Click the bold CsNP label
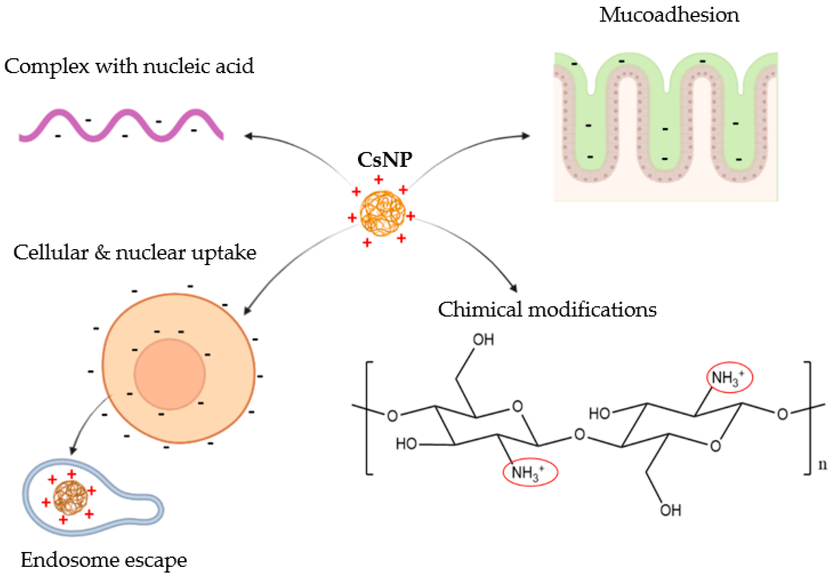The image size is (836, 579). (384, 160)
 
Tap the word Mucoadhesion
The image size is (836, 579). (669, 15)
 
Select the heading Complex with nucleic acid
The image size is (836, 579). (129, 66)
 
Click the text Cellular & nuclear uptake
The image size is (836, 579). (135, 253)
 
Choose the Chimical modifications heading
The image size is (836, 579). (547, 310)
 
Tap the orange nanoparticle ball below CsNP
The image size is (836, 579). (382, 213)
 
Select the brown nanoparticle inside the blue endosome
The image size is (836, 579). (70, 498)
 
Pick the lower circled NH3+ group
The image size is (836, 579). (530, 472)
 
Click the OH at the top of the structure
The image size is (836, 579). (483, 340)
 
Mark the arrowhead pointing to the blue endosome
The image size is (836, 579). (73, 451)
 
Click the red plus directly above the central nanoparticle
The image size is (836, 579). (379, 179)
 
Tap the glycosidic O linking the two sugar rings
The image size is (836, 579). (579, 434)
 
